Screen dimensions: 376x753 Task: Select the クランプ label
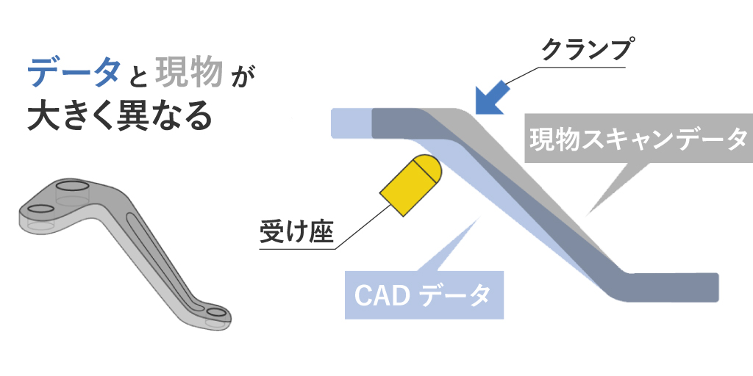(x=586, y=51)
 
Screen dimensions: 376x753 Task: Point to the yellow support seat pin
(x=409, y=185)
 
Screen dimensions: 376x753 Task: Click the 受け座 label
(x=296, y=233)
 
